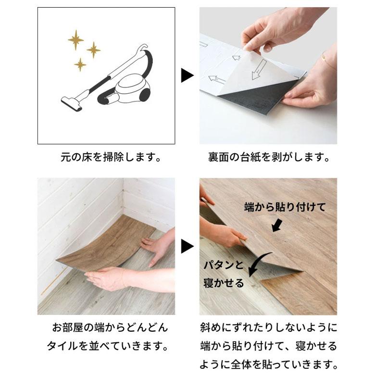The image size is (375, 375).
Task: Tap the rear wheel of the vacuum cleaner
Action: pyautogui.click(x=144, y=95)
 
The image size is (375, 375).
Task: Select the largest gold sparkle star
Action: pyautogui.click(x=75, y=39)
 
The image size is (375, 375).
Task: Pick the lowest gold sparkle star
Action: pyautogui.click(x=80, y=64)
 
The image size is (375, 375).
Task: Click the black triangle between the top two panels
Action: pyautogui.click(x=187, y=75)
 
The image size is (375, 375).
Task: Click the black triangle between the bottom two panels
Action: pyautogui.click(x=187, y=247)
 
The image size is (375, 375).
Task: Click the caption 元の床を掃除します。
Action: pyautogui.click(x=110, y=158)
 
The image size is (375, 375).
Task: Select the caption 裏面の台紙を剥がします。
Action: pyautogui.click(x=269, y=158)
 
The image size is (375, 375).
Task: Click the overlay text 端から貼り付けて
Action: pyautogui.click(x=285, y=207)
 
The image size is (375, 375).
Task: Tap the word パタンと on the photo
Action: pyautogui.click(x=223, y=265)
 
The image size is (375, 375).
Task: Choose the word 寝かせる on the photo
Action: pyautogui.click(x=223, y=282)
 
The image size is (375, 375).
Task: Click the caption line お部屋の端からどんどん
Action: pyautogui.click(x=110, y=328)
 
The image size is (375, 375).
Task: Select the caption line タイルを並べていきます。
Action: pyautogui.click(x=110, y=346)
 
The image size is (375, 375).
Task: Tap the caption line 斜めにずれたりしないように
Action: pyautogui.click(x=269, y=328)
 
